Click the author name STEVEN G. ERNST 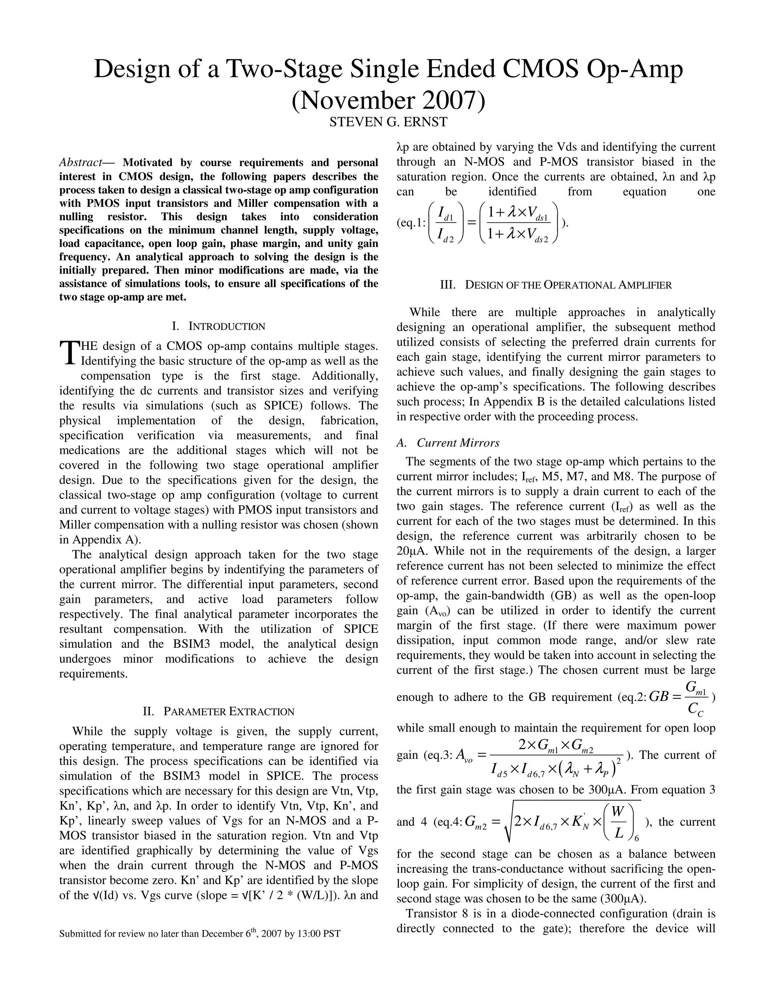pos(388,122)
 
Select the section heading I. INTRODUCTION pos(219,327)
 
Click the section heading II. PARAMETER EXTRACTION pos(219,712)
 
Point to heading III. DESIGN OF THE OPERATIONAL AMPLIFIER pos(556,285)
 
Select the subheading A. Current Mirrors pos(448,443)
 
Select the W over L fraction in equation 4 pos(618,822)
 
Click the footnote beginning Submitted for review pos(200,934)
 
